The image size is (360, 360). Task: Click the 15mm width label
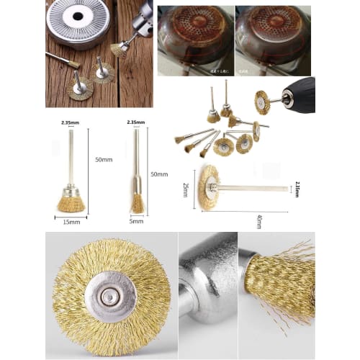pyautogui.click(x=71, y=221)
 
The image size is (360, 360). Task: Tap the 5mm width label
pyautogui.click(x=136, y=221)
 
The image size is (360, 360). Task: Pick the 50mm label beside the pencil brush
pyautogui.click(x=158, y=174)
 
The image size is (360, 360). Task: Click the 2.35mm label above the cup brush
pyautogui.click(x=71, y=123)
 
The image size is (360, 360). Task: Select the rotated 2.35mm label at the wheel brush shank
pyautogui.click(x=297, y=189)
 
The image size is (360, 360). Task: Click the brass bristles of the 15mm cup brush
pyautogui.click(x=71, y=204)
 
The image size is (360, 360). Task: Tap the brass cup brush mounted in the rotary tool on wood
pyautogui.click(x=120, y=48)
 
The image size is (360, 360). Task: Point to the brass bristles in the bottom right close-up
pyautogui.click(x=281, y=288)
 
